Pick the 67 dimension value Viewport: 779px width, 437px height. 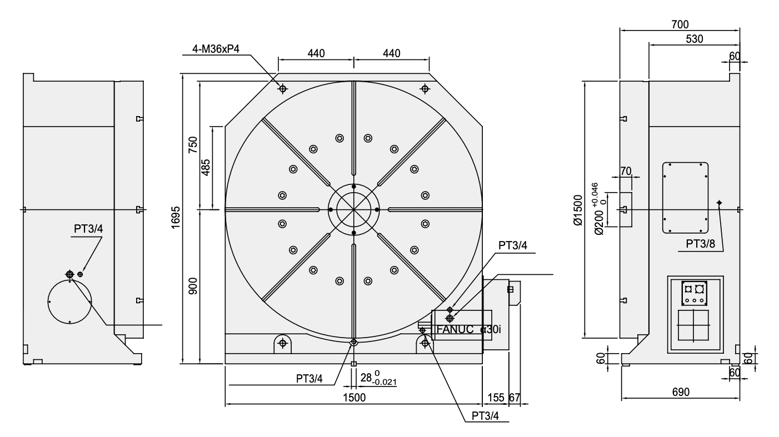515,398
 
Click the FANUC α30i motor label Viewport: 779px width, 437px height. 469,329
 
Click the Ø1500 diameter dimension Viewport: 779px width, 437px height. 578,210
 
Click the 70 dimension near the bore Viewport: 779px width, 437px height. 625,170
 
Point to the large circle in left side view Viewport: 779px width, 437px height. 69,301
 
